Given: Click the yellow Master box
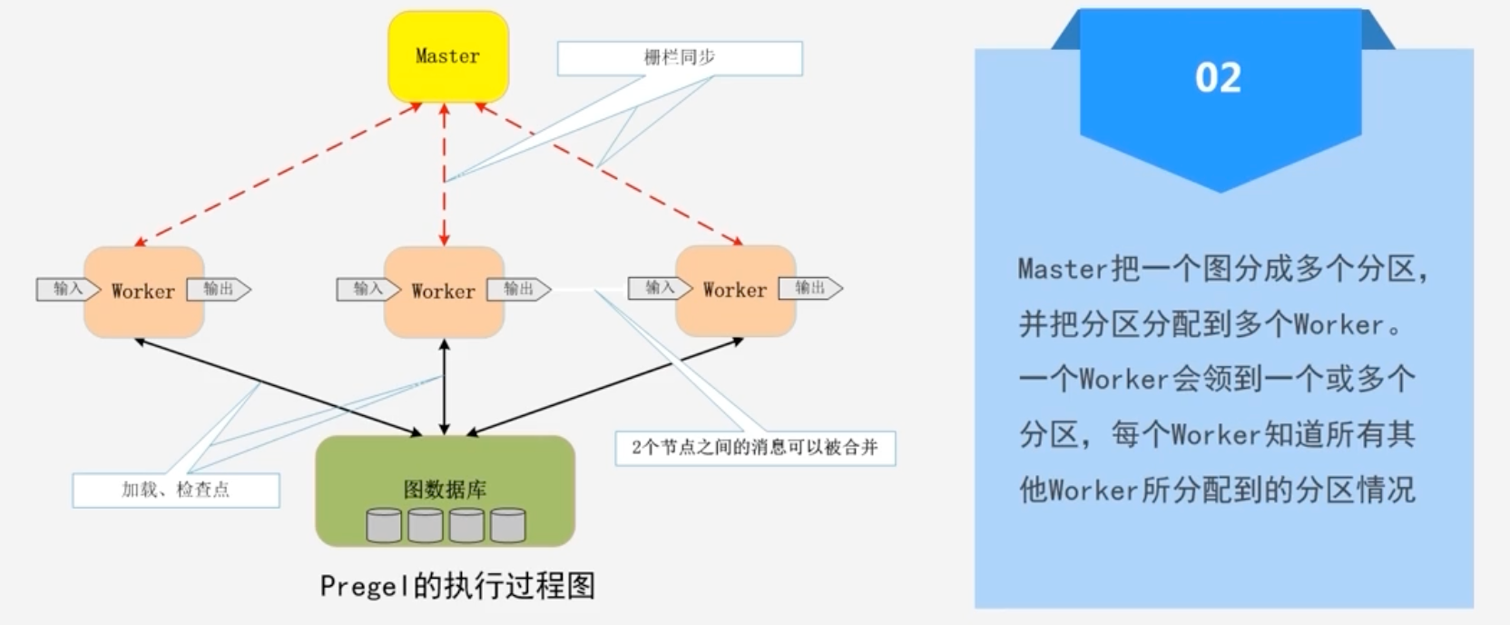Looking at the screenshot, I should coord(447,56).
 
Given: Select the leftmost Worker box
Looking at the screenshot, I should coord(143,292).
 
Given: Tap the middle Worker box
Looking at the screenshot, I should coord(444,292).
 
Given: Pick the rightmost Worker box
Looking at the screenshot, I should coord(735,291).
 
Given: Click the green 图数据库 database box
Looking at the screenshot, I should coord(445,491).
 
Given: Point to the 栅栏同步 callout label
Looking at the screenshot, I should coord(680,58).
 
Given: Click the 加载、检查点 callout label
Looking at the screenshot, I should coord(176,490).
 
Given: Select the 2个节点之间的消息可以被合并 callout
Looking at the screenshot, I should coord(755,448).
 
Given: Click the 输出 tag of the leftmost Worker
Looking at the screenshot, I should coord(218,289).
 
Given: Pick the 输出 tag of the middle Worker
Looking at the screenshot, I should coord(518,289).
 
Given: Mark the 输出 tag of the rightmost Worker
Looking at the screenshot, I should coord(810,288).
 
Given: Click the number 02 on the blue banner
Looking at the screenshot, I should coord(1218,78).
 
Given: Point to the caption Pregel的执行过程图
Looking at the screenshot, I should coord(457,586).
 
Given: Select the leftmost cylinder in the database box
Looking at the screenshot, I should coord(384,525).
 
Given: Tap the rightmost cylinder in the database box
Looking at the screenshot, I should coord(508,525).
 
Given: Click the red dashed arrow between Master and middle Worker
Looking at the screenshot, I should coord(444,173).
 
